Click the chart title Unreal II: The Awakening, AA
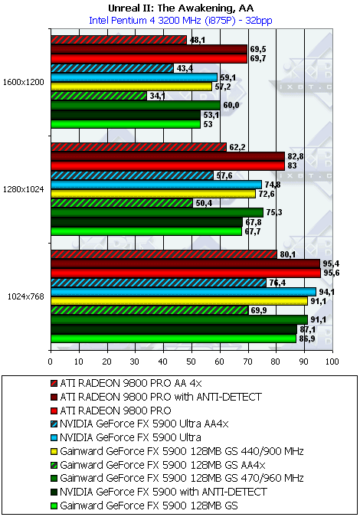(x=181, y=8)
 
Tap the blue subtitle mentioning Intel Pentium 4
(x=181, y=21)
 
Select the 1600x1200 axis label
(x=24, y=83)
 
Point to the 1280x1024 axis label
(x=24, y=189)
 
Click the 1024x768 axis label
(x=26, y=296)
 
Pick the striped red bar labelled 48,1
(x=119, y=41)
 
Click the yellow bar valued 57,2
(x=132, y=87)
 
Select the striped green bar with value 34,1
(x=99, y=96)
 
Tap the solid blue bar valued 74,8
(x=156, y=185)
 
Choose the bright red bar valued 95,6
(x=185, y=273)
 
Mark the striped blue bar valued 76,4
(x=159, y=283)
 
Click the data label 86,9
(x=305, y=339)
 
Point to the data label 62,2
(x=234, y=147)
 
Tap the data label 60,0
(x=229, y=105)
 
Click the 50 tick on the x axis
(x=191, y=362)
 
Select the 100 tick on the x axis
(x=332, y=362)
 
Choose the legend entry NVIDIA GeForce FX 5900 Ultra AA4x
(x=139, y=424)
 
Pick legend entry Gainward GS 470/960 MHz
(x=178, y=477)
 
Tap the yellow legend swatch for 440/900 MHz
(x=54, y=450)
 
